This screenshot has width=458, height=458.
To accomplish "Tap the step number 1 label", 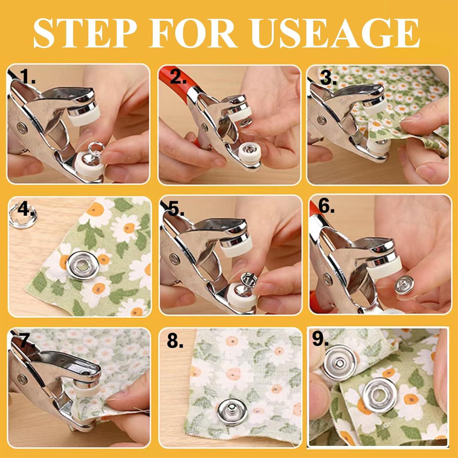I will [27, 77].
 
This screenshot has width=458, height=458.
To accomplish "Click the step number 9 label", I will [320, 339].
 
